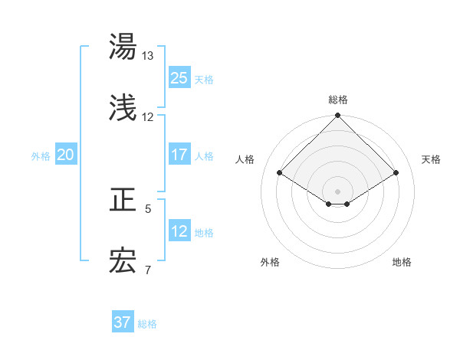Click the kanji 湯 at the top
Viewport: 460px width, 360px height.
click(x=123, y=47)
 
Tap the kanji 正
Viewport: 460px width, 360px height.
click(x=123, y=201)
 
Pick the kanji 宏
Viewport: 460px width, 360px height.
click(x=123, y=262)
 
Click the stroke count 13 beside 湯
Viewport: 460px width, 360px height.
click(x=148, y=56)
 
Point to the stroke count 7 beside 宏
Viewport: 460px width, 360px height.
click(x=148, y=270)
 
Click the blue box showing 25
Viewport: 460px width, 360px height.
click(x=179, y=77)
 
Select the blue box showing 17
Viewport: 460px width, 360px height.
click(x=179, y=155)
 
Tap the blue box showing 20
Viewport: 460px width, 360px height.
click(x=66, y=155)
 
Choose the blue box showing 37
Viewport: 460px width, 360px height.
click(x=123, y=322)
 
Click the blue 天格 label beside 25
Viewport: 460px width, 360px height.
click(x=204, y=79)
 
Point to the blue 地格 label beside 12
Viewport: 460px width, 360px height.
click(x=204, y=233)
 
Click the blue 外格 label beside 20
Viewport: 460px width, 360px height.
click(x=41, y=156)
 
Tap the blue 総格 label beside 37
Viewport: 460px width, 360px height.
click(x=147, y=324)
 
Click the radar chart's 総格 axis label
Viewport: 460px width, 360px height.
click(x=338, y=100)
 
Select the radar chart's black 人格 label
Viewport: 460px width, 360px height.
click(x=245, y=159)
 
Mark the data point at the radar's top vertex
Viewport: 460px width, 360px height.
click(x=338, y=116)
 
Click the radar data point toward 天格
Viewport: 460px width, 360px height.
click(x=396, y=172)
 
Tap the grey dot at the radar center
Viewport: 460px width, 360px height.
click(x=338, y=191)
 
